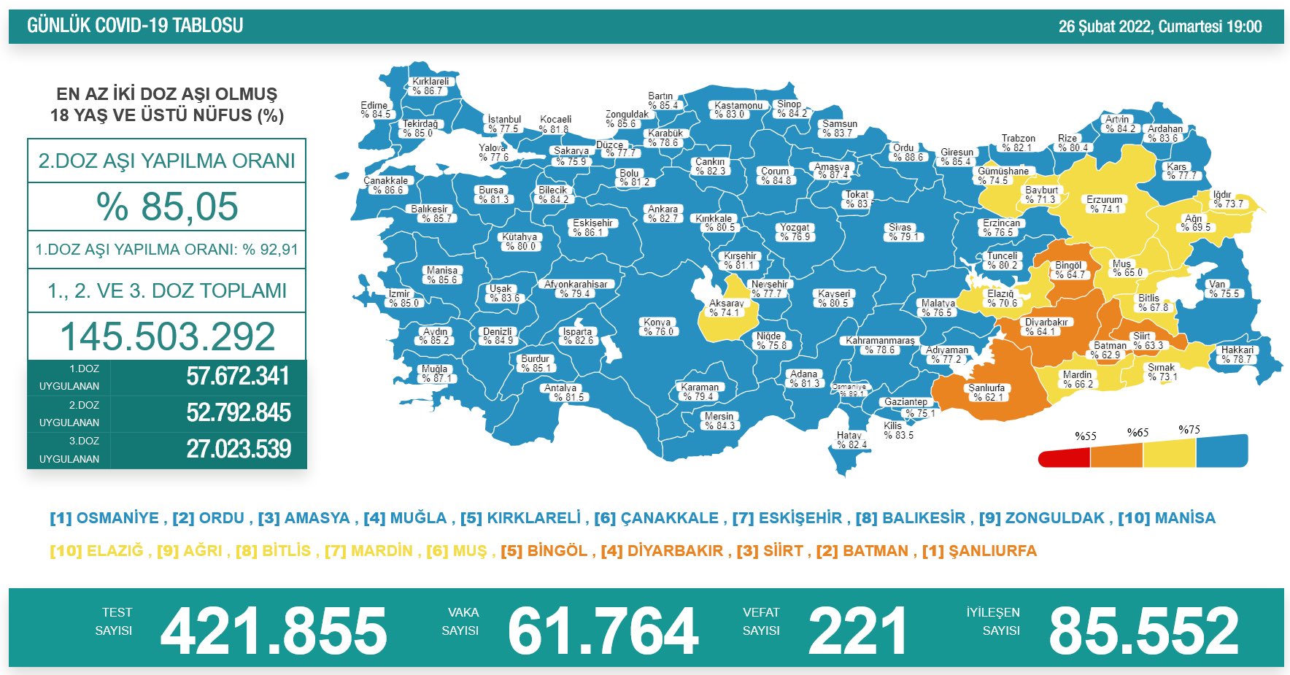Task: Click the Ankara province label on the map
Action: coord(663,214)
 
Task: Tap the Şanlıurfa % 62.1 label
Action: coord(986,393)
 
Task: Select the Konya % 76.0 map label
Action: coord(657,327)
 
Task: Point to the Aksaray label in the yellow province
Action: coord(726,308)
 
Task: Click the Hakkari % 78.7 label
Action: coord(1237,355)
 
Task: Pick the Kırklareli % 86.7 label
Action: coord(430,86)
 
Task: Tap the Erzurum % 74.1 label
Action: coord(1104,204)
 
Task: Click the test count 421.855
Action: coord(274,630)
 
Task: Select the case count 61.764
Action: coord(603,630)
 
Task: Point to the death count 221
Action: coord(857,630)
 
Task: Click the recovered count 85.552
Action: coord(1143,630)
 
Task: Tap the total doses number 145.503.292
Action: coord(167,336)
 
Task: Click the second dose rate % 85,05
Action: coord(167,206)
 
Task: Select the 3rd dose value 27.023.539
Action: coord(238,449)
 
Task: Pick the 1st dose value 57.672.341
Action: coord(238,377)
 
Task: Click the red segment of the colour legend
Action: coord(1064,458)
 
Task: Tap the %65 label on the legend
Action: coord(1138,433)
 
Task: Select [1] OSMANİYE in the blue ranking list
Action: coord(104,518)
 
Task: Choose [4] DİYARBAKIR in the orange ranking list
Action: coord(662,551)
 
